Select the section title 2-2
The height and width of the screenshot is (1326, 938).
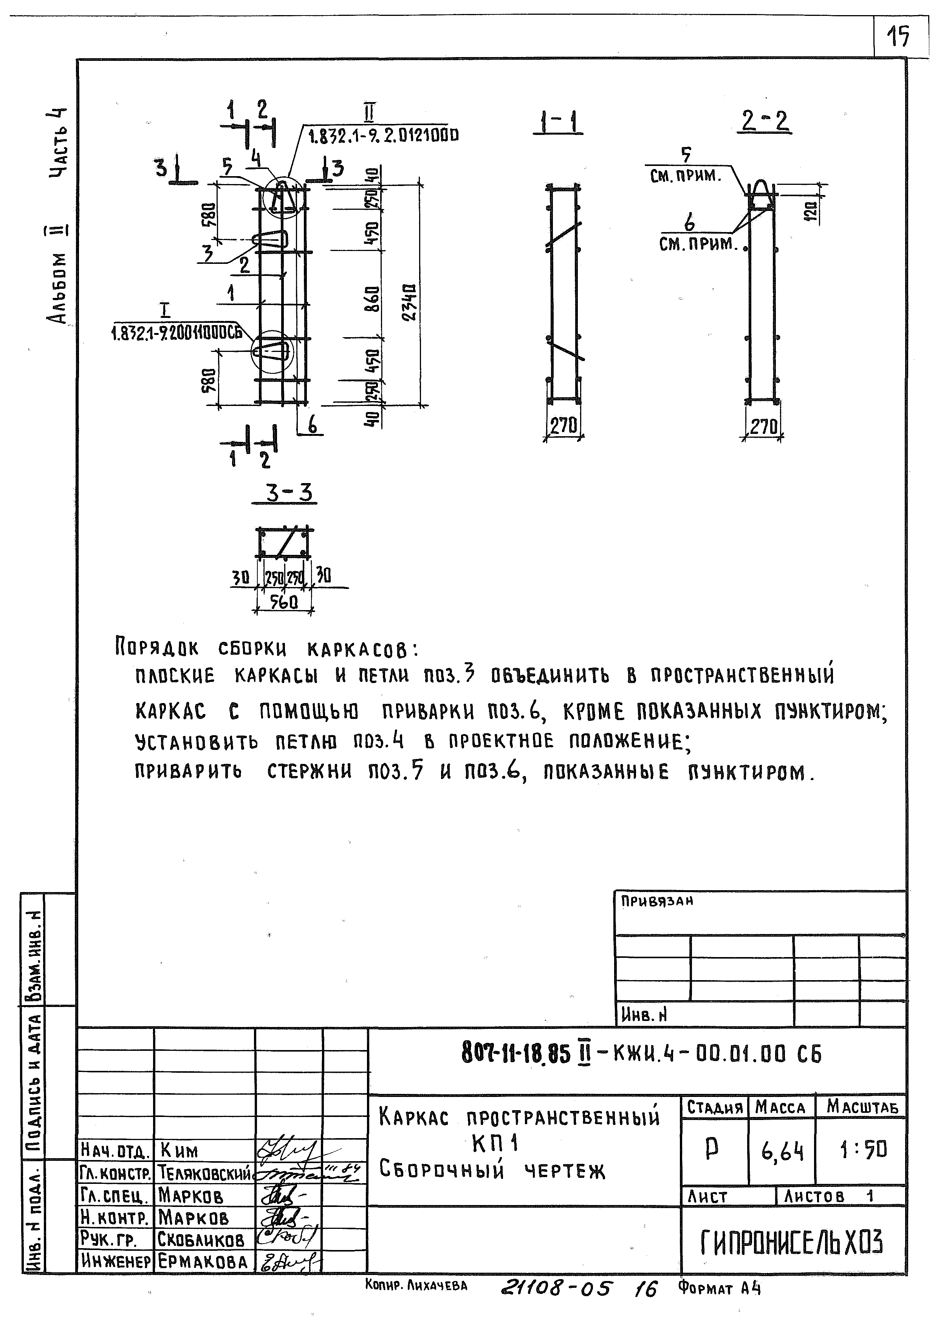pyautogui.click(x=765, y=121)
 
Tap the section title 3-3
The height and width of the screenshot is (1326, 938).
pyautogui.click(x=288, y=493)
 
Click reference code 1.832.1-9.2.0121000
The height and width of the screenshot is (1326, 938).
pyautogui.click(x=384, y=136)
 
